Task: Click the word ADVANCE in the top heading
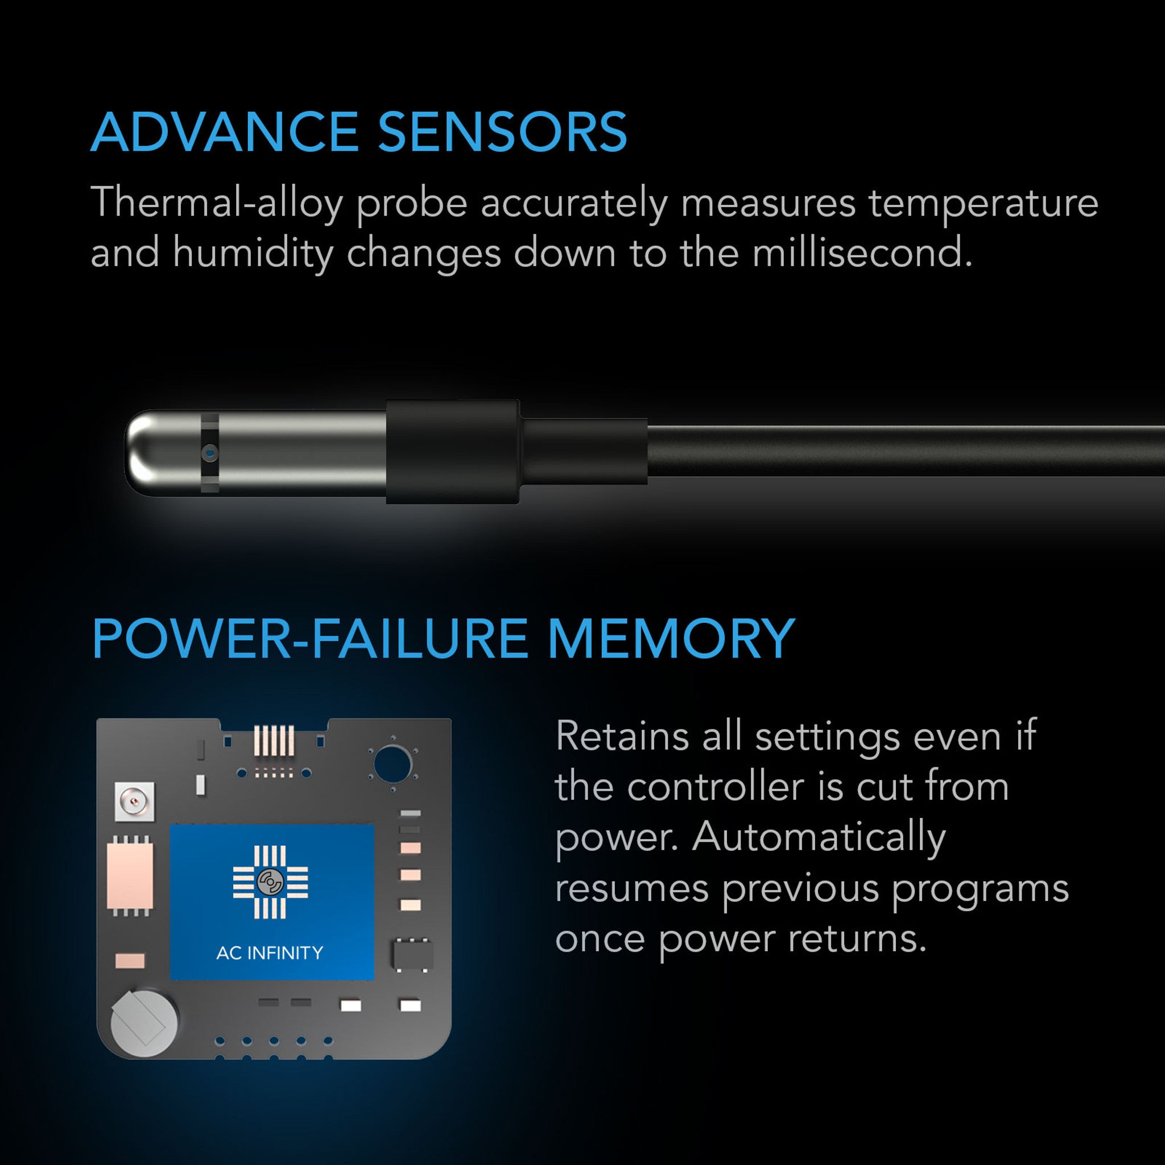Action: click(x=224, y=133)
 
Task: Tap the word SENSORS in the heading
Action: click(x=502, y=133)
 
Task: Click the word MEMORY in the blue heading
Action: click(x=671, y=639)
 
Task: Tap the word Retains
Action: click(x=622, y=737)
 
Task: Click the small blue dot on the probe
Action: click(x=210, y=452)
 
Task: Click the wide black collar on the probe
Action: click(x=452, y=452)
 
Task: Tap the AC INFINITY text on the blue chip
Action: click(x=270, y=953)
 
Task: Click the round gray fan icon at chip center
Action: click(x=270, y=882)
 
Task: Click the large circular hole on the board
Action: click(x=392, y=763)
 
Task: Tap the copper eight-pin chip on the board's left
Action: click(x=130, y=877)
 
